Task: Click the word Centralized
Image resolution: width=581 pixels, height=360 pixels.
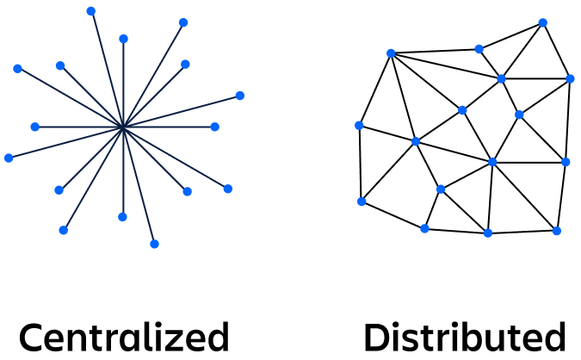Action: tap(124, 337)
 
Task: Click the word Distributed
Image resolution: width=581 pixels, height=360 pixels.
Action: tap(464, 337)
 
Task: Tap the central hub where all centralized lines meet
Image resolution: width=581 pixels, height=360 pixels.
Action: tap(124, 127)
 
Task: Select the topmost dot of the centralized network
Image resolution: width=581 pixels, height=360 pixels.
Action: tap(91, 11)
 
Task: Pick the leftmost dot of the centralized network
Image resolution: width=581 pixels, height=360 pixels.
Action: tap(9, 158)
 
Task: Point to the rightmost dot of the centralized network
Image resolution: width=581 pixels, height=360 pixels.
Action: tap(240, 96)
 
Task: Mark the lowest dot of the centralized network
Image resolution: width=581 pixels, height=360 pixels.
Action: tap(155, 244)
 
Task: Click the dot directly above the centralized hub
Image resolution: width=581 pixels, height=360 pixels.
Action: tap(124, 39)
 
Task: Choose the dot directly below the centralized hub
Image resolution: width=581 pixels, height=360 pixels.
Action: tap(122, 216)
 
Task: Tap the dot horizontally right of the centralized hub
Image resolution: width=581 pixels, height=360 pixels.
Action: tap(215, 127)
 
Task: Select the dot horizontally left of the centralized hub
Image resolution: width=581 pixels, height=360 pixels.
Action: tap(35, 127)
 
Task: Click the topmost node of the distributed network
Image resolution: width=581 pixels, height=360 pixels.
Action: tap(542, 23)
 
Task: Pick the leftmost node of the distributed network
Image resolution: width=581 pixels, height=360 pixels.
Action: tap(359, 125)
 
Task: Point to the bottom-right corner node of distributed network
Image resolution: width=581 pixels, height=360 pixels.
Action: tap(557, 231)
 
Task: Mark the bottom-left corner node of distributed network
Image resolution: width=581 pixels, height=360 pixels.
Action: tap(362, 202)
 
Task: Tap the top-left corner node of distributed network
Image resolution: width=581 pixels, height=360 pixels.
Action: tap(391, 53)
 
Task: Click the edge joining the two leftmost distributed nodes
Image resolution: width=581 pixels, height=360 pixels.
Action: tap(360, 164)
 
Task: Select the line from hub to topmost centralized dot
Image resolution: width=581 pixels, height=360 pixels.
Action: tap(108, 69)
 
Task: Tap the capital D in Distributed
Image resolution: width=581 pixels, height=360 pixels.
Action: tap(376, 337)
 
